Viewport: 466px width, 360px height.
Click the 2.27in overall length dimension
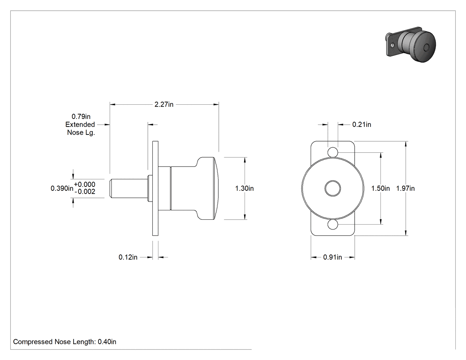(164, 104)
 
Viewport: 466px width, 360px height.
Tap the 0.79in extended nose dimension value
(81, 116)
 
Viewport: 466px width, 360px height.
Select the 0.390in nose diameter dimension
(62, 188)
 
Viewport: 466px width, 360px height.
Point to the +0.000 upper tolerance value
(85, 184)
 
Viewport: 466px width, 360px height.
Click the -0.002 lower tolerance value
(85, 192)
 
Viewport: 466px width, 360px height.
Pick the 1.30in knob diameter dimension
(244, 188)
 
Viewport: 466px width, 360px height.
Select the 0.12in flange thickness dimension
(128, 257)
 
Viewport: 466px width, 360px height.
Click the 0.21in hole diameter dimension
(362, 125)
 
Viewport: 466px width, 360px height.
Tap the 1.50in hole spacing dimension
(380, 188)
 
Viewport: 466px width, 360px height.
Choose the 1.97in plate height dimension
(405, 188)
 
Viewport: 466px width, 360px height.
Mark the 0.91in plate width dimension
(332, 257)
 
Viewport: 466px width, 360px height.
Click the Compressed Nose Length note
(64, 342)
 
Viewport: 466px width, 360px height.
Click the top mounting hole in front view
(333, 152)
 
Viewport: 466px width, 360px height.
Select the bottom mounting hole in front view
(333, 225)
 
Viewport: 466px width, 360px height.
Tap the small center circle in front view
(333, 189)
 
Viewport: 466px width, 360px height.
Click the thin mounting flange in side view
(155, 188)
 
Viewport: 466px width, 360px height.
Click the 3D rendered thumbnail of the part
(411, 44)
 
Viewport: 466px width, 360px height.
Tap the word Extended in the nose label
(80, 125)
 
